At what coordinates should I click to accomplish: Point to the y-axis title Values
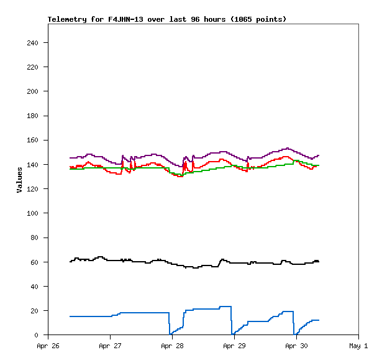[x=19, y=179]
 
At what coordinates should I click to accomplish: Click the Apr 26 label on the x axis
[x=48, y=345]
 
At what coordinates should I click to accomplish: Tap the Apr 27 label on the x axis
[x=110, y=345]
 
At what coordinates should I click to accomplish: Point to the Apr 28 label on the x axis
[x=172, y=345]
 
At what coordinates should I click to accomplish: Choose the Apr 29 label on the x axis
[x=234, y=345]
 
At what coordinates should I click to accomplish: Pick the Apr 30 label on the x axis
[x=296, y=345]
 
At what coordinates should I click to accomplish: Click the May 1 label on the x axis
[x=358, y=345]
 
